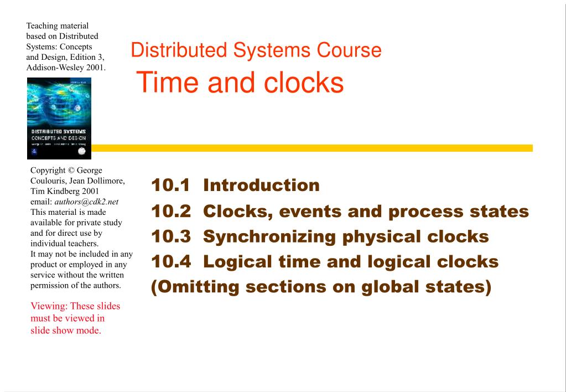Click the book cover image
59,118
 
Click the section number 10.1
170,185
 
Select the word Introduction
261,185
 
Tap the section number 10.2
170,212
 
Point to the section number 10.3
170,237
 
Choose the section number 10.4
170,262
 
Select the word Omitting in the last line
194,287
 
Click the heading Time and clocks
240,83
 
